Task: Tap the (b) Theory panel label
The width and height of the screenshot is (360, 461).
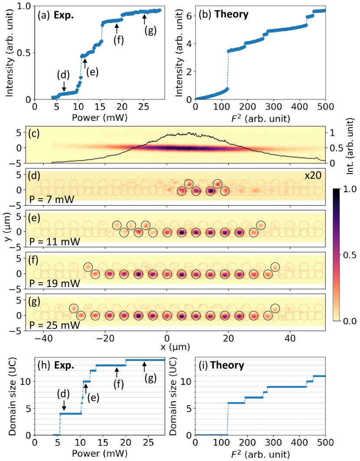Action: (x=223, y=15)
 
